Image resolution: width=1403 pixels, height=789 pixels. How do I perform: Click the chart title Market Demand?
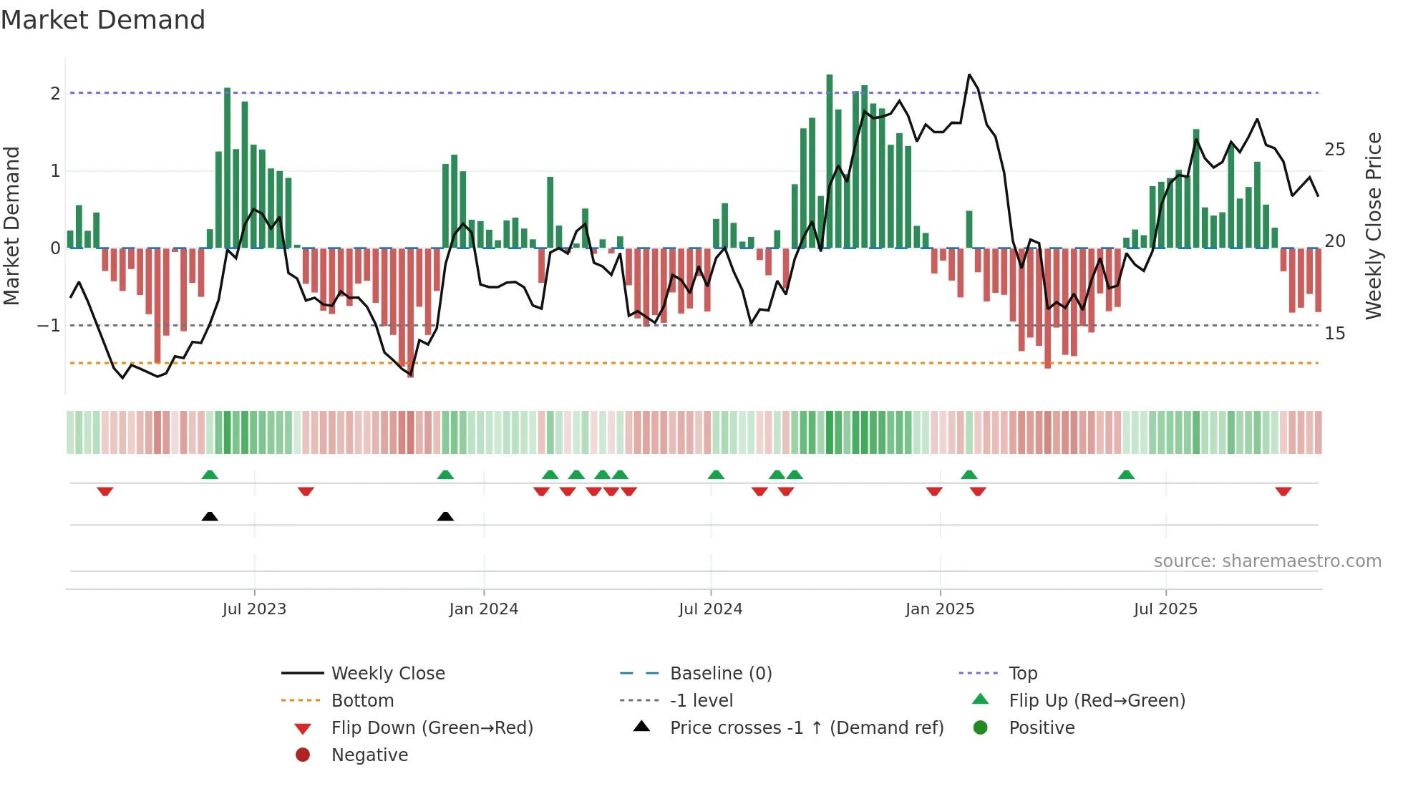(103, 20)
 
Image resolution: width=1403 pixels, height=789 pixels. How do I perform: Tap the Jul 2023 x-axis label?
(254, 609)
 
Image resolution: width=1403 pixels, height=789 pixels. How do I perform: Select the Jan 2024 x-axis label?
(483, 609)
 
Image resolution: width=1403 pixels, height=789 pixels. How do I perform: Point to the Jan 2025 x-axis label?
(939, 609)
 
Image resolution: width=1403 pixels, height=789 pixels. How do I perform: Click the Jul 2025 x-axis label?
(1165, 609)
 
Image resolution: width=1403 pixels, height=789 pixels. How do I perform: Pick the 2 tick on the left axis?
(55, 94)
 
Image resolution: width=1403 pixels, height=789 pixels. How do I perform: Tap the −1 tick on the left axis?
(49, 326)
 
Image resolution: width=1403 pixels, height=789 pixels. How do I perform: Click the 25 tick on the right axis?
(1335, 150)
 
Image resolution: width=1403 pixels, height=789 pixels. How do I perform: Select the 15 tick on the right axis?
(1335, 334)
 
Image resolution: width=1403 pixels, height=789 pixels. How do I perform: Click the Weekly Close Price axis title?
(1373, 226)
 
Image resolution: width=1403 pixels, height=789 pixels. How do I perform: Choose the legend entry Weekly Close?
(387, 674)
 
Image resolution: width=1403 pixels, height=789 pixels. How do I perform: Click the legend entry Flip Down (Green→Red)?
(432, 728)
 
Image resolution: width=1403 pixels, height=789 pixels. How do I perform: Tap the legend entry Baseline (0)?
(720, 674)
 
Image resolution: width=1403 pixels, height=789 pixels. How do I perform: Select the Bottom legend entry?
(362, 701)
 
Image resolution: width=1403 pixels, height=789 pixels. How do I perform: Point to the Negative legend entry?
(369, 755)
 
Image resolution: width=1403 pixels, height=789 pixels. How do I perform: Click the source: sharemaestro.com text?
(1267, 561)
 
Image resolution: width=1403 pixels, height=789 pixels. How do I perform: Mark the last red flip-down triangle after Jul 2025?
(1283, 491)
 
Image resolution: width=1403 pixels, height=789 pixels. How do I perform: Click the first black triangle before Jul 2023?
(210, 516)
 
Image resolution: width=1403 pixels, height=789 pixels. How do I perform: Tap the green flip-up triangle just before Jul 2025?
(1126, 475)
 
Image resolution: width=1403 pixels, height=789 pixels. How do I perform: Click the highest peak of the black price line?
(969, 74)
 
